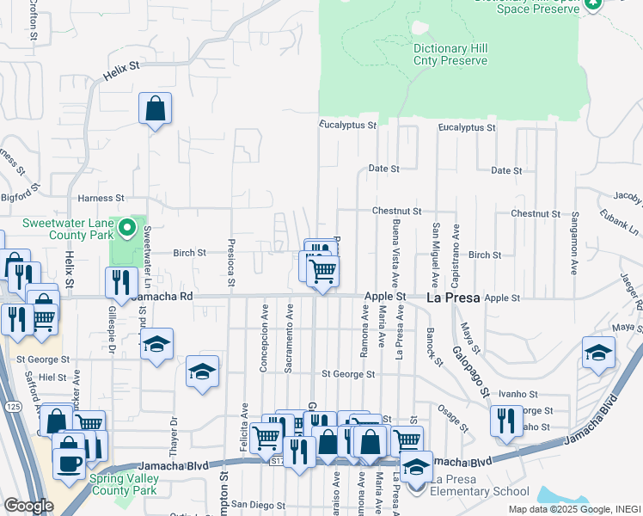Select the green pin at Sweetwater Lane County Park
(127, 229)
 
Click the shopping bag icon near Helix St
(156, 108)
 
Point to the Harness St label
(95, 199)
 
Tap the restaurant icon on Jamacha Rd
(121, 281)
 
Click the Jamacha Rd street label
(165, 296)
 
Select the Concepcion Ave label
(264, 336)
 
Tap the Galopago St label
(473, 370)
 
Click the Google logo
(28, 505)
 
